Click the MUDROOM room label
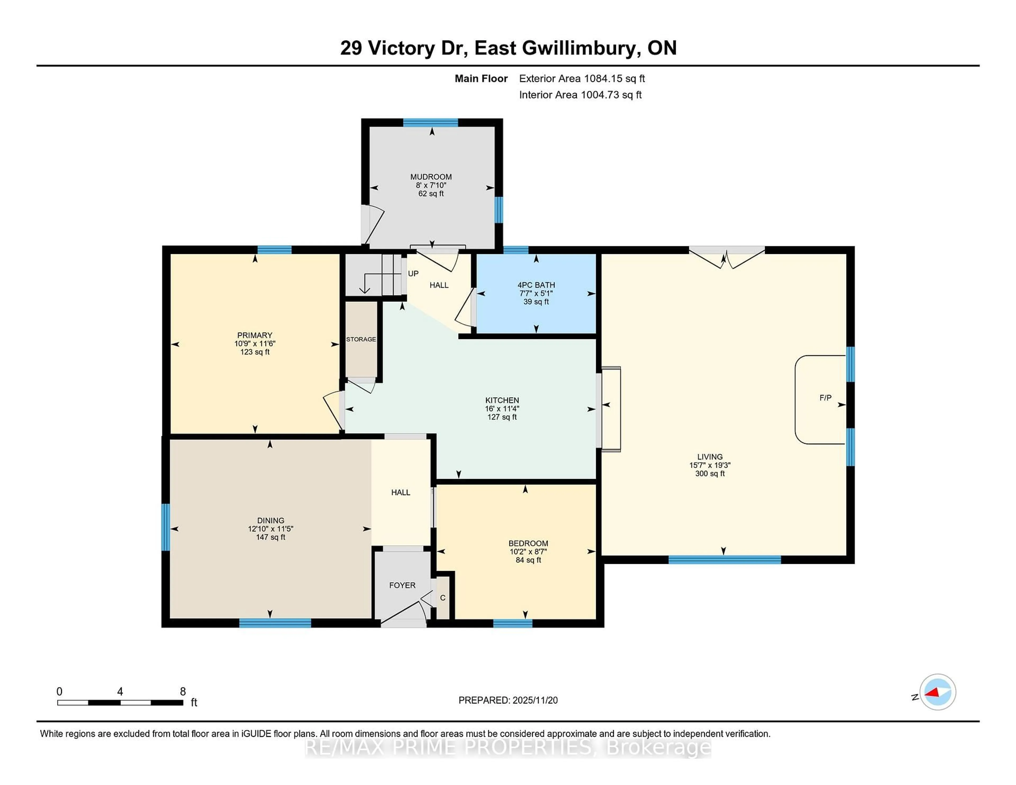(x=431, y=177)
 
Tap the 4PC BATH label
(x=536, y=285)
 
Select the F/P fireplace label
(x=825, y=398)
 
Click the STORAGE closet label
(x=361, y=340)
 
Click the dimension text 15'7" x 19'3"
(x=710, y=465)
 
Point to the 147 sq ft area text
(x=270, y=537)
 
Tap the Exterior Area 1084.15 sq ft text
(x=582, y=79)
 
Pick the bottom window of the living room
(x=724, y=559)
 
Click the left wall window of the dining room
(x=166, y=527)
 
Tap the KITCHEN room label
(x=502, y=400)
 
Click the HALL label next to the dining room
(x=401, y=492)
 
